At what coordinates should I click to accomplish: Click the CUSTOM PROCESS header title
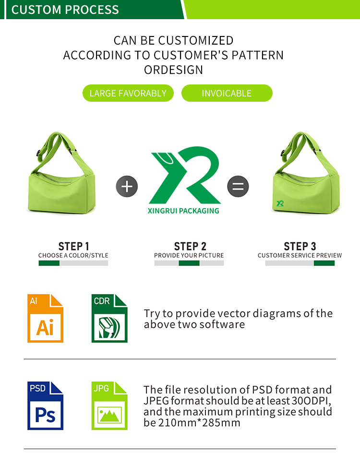click(x=65, y=10)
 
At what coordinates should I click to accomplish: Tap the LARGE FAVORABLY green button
click(x=128, y=93)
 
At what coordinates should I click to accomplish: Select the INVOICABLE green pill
click(x=227, y=93)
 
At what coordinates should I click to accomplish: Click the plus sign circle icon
click(x=127, y=187)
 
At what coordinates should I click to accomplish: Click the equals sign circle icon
click(x=238, y=187)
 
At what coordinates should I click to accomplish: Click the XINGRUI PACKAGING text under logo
click(x=183, y=211)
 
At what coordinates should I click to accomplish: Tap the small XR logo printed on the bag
click(x=280, y=203)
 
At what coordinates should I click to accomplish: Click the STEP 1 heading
click(x=73, y=246)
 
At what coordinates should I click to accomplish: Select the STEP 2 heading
click(x=190, y=246)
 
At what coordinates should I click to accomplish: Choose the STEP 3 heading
click(x=300, y=246)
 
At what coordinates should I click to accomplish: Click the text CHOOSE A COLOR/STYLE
click(x=73, y=255)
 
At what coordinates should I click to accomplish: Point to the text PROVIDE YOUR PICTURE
click(x=189, y=255)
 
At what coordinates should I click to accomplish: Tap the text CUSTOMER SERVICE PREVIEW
click(x=300, y=255)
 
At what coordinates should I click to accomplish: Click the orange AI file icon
click(x=45, y=318)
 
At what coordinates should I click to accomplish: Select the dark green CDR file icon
click(x=109, y=318)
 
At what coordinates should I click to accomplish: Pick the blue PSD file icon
click(x=45, y=406)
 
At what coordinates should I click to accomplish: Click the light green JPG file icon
click(x=109, y=406)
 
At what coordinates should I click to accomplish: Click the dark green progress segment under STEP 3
click(x=324, y=263)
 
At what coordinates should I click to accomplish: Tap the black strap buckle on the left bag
click(x=38, y=153)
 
